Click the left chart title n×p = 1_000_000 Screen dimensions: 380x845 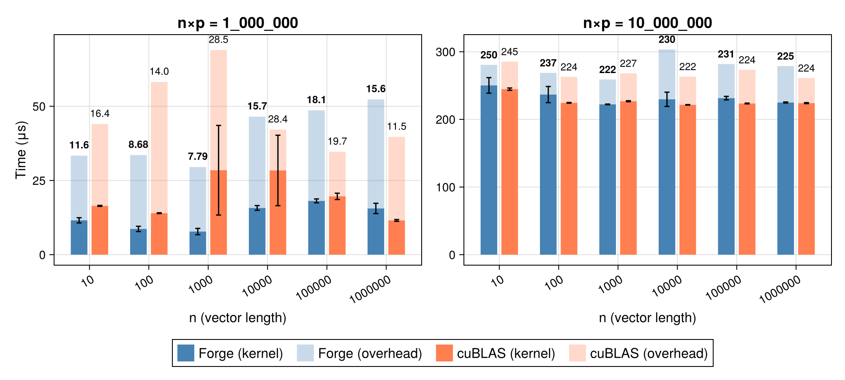coord(237,23)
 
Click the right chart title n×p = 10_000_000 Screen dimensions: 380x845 coord(647,23)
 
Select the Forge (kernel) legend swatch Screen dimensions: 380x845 coord(185,353)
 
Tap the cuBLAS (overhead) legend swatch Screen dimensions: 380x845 coord(577,353)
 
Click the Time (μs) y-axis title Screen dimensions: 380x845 coord(21,150)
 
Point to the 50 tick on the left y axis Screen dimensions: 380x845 coord(39,106)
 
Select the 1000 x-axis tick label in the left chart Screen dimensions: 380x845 coord(200,285)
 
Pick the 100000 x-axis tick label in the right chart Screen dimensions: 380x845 coord(723,287)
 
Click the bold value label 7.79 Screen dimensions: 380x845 coord(197,157)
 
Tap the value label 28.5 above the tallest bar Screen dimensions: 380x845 coord(218,40)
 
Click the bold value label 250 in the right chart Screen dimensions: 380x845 coord(489,55)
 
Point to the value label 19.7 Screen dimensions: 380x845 coord(337,141)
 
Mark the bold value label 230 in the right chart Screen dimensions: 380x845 coord(667,40)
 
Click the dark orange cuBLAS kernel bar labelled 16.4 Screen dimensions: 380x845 coord(100,230)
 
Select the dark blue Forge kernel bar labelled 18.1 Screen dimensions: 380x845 coord(316,228)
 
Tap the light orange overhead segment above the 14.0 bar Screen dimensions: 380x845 coord(159,148)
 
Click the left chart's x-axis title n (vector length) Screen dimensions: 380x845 coord(237,318)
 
